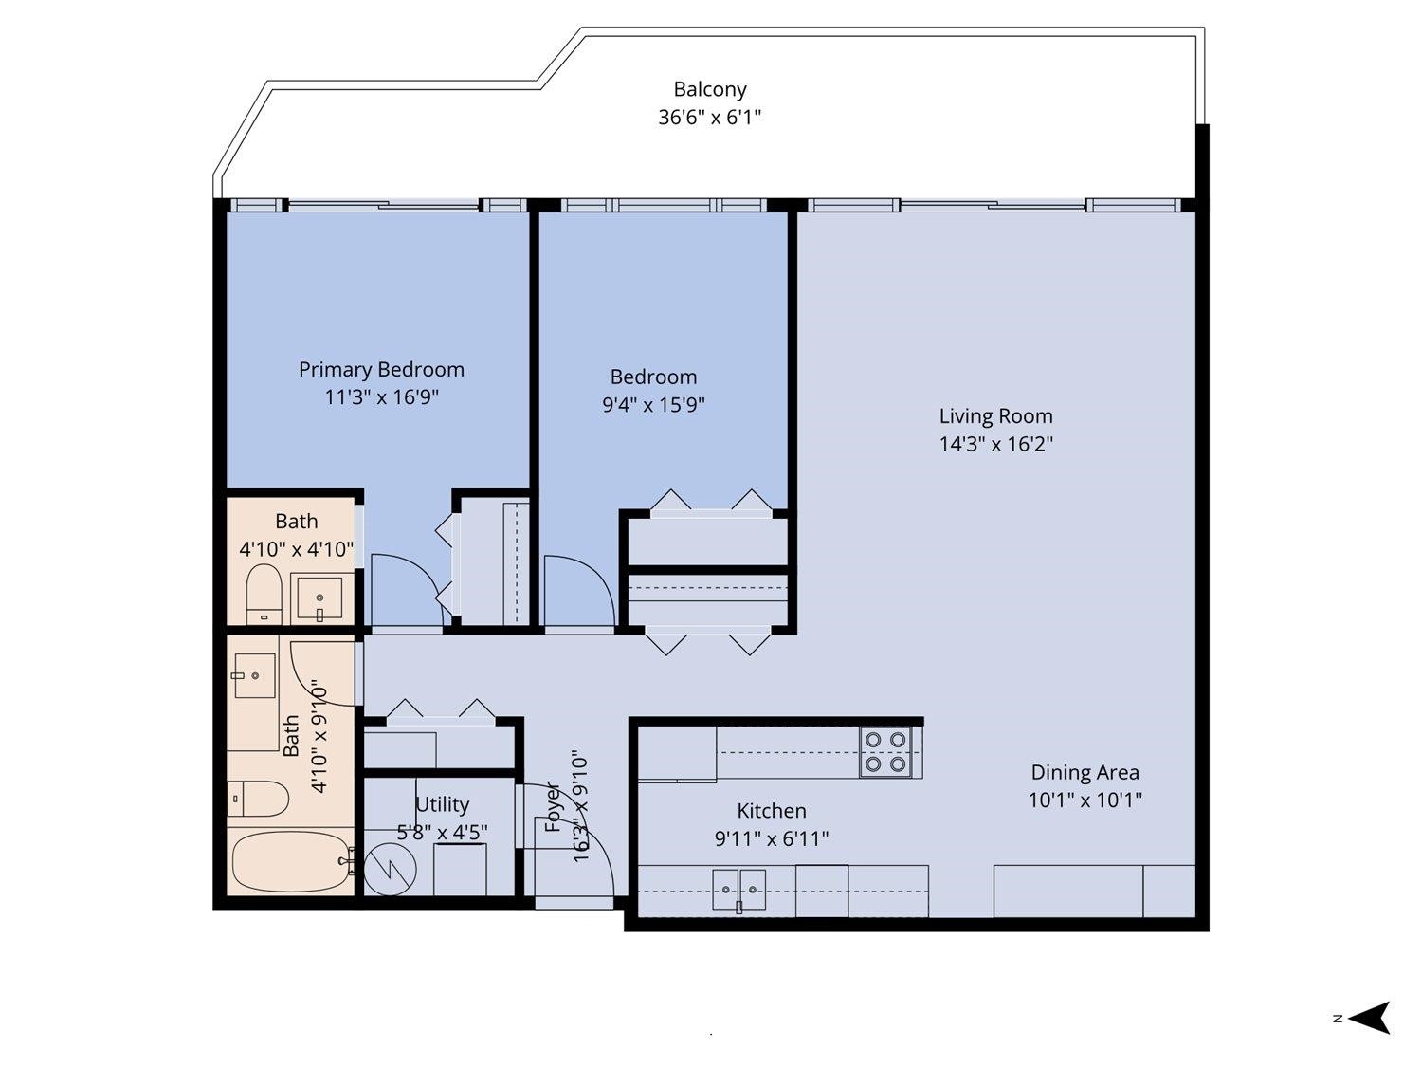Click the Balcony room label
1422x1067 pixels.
point(710,90)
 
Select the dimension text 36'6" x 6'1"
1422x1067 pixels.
point(710,118)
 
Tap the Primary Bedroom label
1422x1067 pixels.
point(381,370)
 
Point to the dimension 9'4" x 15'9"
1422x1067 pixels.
point(653,405)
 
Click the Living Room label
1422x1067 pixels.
point(995,416)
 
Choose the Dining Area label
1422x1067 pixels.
point(1085,773)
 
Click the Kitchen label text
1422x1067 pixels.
point(772,811)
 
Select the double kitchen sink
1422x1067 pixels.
point(739,890)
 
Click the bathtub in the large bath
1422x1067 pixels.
point(290,861)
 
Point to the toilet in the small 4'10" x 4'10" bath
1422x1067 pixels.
point(264,594)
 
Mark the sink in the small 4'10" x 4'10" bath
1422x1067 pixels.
point(320,598)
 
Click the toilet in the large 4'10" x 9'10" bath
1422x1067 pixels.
point(259,799)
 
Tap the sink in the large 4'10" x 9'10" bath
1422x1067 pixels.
point(254,675)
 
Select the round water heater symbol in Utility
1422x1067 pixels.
point(391,870)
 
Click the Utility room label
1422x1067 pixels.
point(442,805)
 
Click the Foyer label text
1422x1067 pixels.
point(555,807)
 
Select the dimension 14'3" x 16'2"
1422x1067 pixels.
point(995,444)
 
